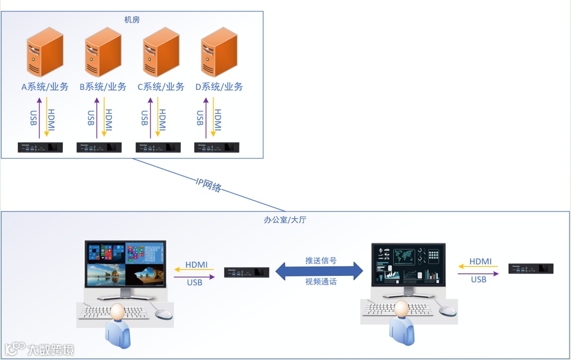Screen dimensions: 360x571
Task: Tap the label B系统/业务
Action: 103,87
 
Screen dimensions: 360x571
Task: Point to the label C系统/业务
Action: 161,87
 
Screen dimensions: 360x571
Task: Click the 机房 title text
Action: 132,20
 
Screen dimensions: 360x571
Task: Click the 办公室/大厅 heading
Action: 285,220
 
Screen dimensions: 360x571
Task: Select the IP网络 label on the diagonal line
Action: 208,184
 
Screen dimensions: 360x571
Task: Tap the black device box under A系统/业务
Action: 41,147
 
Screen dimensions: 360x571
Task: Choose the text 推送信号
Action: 321,261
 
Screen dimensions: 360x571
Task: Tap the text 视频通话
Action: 321,282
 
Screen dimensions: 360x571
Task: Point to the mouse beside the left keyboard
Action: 163,312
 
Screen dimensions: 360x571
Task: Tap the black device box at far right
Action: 531,269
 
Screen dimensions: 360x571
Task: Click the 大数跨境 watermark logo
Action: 40,349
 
